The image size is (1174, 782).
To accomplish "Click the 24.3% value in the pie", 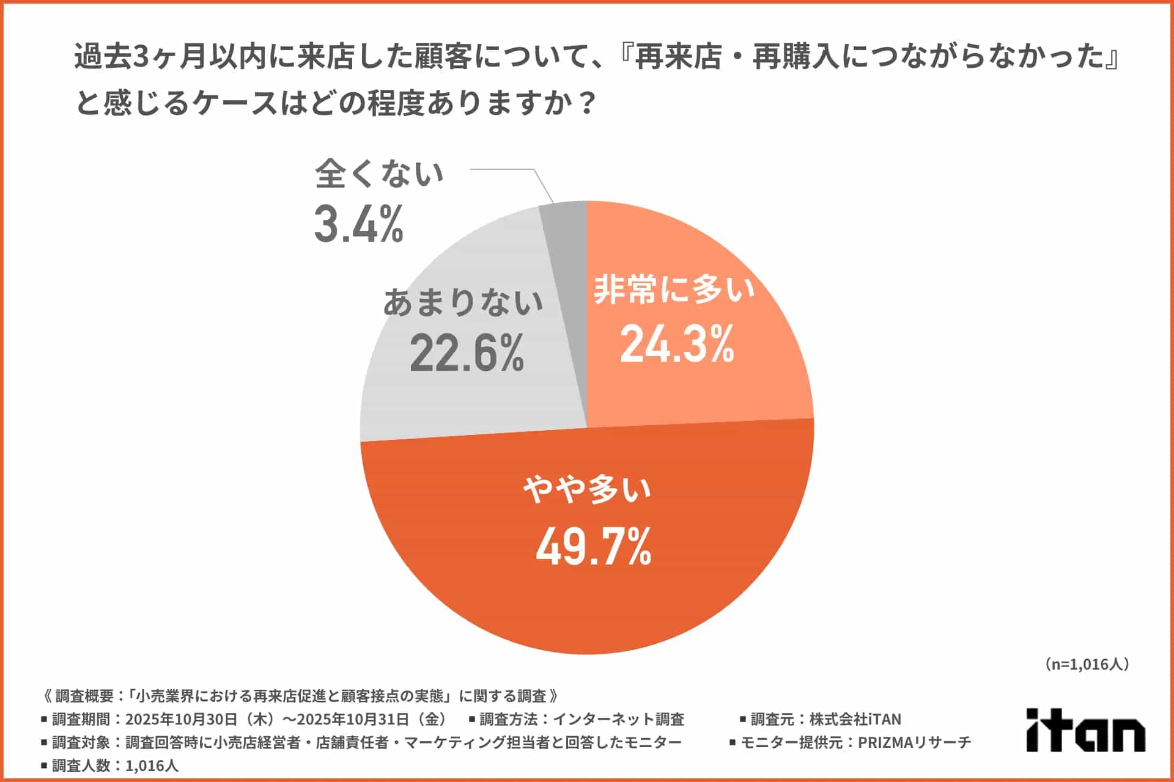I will coord(677,345).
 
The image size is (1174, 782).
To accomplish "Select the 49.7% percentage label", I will coord(594,547).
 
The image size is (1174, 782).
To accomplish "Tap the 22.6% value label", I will coord(467,353).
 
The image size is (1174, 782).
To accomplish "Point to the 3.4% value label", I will coord(359,224).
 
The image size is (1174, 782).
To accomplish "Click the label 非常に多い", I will coord(674,289).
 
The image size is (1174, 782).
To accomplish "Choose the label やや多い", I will coord(587,489).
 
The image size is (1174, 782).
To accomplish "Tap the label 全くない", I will coord(379,174).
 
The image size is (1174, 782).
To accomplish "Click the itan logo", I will coord(1085,729).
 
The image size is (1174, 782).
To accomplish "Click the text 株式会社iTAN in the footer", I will coord(855,720).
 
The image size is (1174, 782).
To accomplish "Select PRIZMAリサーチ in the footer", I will coord(914,743).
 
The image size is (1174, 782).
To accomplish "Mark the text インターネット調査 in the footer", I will coord(618,720).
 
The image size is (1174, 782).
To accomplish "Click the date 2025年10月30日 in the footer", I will coord(181,720).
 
